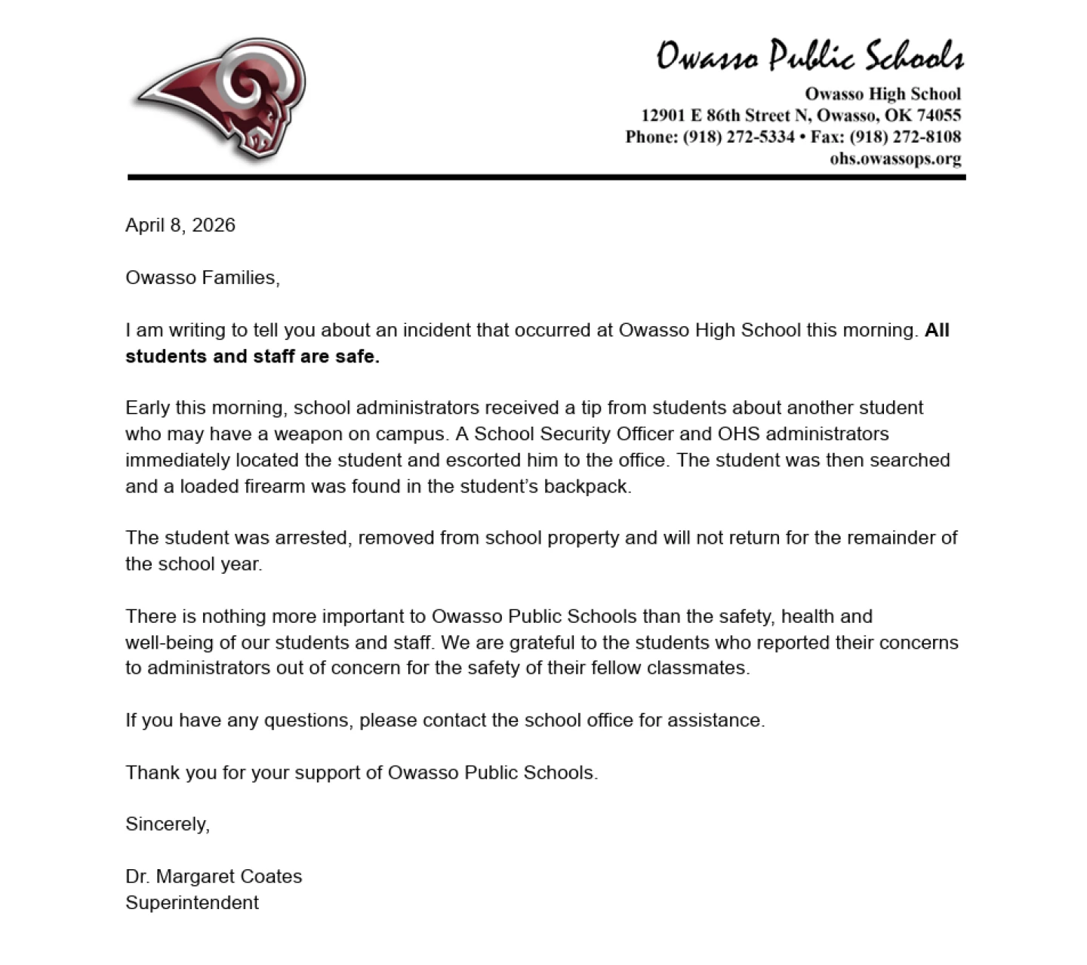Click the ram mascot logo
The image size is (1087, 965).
(x=221, y=100)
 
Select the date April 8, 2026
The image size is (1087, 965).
(x=180, y=225)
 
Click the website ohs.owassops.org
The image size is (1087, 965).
(x=895, y=159)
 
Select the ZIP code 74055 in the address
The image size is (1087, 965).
(x=939, y=116)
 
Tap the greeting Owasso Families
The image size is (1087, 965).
(x=202, y=278)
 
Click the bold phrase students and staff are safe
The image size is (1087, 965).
(x=252, y=356)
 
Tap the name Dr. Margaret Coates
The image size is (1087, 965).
(x=214, y=876)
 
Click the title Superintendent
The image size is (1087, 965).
(x=192, y=902)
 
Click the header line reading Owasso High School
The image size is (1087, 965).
(x=882, y=94)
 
